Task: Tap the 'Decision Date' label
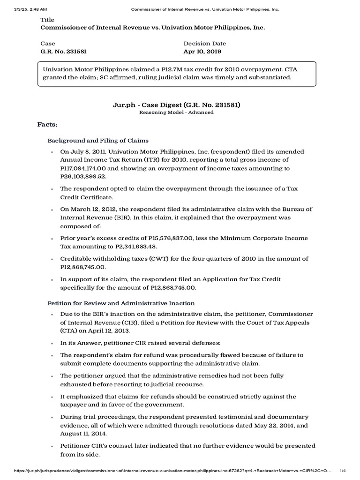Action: pyautogui.click(x=205, y=43)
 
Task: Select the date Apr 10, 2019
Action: pyautogui.click(x=202, y=52)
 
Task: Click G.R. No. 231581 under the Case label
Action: pyautogui.click(x=64, y=52)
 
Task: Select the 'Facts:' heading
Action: pyautogui.click(x=47, y=125)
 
